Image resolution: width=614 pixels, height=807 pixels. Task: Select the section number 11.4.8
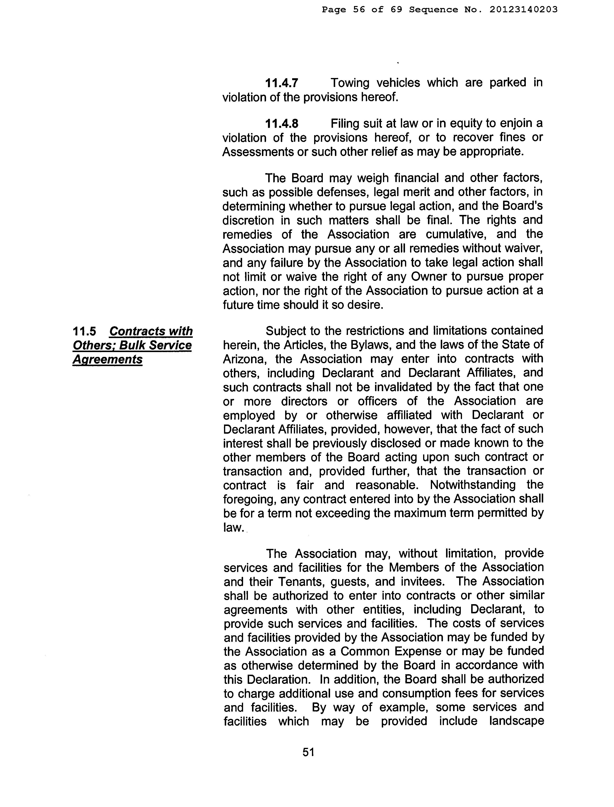[x=282, y=124]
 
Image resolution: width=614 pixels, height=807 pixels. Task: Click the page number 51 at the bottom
[x=309, y=752]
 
